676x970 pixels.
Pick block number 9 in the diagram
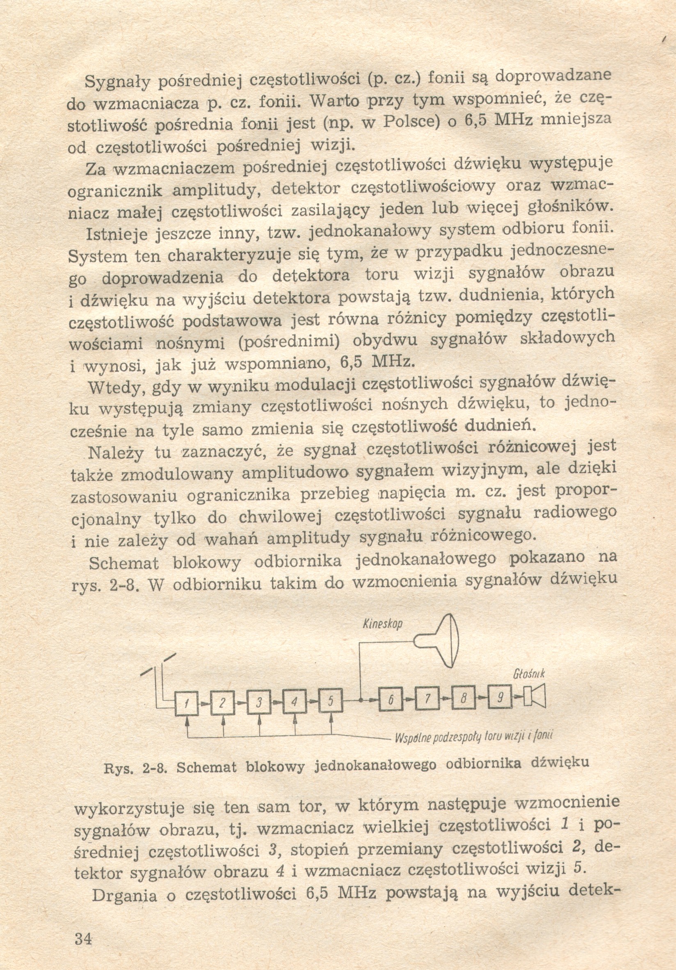pos(500,697)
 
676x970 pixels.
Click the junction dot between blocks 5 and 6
pos(360,701)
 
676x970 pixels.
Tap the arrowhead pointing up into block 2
pos(223,720)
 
